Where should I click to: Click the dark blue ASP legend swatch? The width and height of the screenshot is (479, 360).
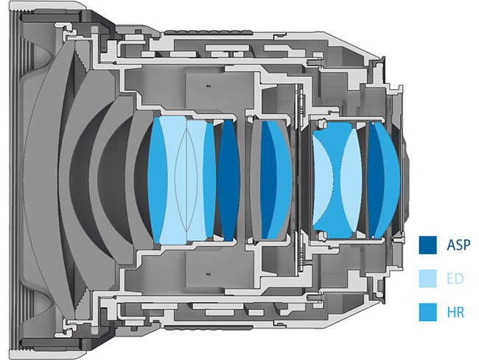427,244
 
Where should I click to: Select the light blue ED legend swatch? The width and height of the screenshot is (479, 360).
427,278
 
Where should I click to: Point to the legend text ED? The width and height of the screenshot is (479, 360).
455,278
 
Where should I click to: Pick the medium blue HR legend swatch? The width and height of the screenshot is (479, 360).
427,312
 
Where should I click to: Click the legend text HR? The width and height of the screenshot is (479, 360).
455,312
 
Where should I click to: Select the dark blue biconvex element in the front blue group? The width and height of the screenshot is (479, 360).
228,180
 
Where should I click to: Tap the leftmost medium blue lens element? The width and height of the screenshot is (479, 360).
156,180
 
